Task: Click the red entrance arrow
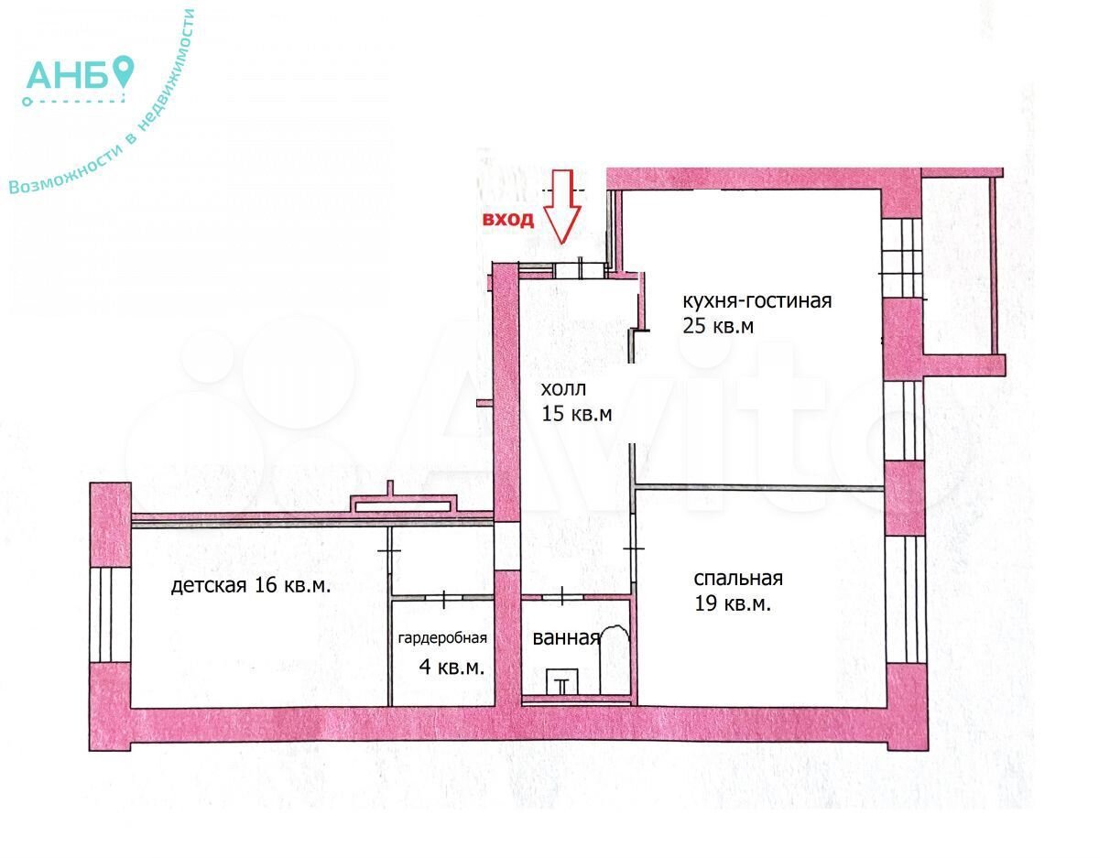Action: click(x=562, y=206)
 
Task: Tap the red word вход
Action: click(x=507, y=220)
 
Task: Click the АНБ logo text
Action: click(x=67, y=76)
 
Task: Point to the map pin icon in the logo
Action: click(x=123, y=71)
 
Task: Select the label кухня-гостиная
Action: click(x=757, y=301)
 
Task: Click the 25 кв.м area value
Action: click(x=718, y=326)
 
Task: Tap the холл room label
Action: click(x=564, y=389)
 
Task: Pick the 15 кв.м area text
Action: click(x=577, y=414)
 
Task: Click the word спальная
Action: click(x=738, y=579)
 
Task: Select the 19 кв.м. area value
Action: click(x=733, y=603)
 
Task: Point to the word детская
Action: click(x=209, y=586)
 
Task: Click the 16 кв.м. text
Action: click(x=292, y=585)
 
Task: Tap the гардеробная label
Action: click(x=442, y=638)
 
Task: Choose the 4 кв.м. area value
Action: click(x=452, y=668)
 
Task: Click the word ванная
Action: click(x=566, y=638)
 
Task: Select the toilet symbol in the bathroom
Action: click(x=562, y=682)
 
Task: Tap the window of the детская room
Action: click(x=110, y=614)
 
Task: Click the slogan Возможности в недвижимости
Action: click(x=101, y=103)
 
